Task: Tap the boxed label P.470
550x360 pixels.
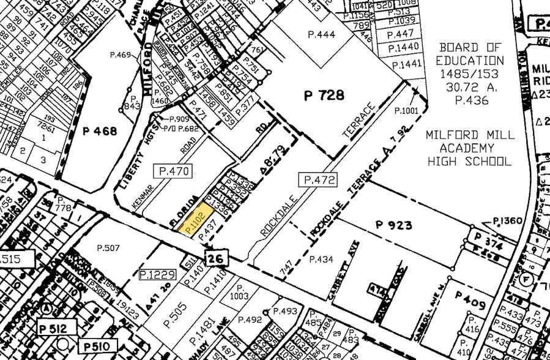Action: pyautogui.click(x=174, y=171)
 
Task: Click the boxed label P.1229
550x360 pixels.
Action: pyautogui.click(x=157, y=274)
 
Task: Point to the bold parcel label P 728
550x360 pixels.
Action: pyautogui.click(x=324, y=95)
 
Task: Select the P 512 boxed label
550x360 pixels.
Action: pyautogui.click(x=54, y=326)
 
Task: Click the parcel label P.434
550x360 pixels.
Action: pyautogui.click(x=321, y=260)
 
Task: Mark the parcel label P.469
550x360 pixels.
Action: pyautogui.click(x=121, y=55)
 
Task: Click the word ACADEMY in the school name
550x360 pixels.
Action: pyautogui.click(x=470, y=148)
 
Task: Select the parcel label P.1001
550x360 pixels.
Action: pyautogui.click(x=407, y=110)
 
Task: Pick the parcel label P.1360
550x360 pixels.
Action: pyautogui.click(x=508, y=220)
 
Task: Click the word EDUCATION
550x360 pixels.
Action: pyautogui.click(x=470, y=61)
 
